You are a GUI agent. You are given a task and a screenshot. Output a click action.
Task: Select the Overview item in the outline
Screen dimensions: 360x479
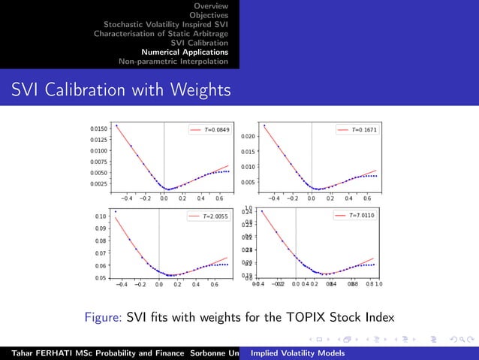pyautogui.click(x=212, y=5)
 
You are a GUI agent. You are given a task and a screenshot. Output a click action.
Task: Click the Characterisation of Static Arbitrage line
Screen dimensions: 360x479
pyautogui.click(x=161, y=33)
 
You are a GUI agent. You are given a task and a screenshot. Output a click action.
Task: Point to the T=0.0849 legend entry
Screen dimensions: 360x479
pyautogui.click(x=209, y=130)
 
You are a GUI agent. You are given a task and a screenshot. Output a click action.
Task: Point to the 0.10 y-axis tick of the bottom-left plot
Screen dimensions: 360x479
pyautogui.click(x=101, y=216)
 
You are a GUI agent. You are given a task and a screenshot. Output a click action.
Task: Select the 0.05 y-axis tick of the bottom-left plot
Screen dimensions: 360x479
pyautogui.click(x=101, y=278)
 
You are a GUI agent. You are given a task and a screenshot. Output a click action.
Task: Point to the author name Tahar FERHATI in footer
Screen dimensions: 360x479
pyautogui.click(x=39, y=352)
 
